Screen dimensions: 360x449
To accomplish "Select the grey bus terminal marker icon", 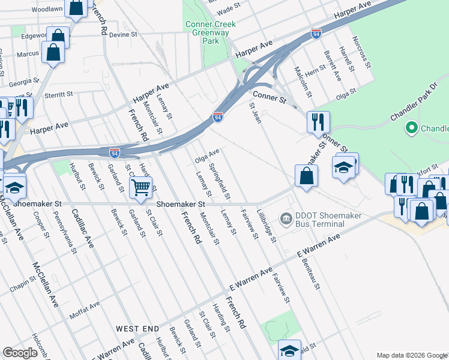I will click(x=286, y=217).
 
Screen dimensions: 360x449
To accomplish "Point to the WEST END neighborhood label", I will click(x=137, y=329).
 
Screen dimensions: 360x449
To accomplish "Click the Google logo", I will click(x=20, y=353).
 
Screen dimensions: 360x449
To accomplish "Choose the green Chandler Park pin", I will click(x=411, y=128).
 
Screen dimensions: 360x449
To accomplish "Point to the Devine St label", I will click(x=124, y=35).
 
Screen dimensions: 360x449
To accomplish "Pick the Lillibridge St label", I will click(x=266, y=227).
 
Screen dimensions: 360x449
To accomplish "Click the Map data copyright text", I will click(x=411, y=355).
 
